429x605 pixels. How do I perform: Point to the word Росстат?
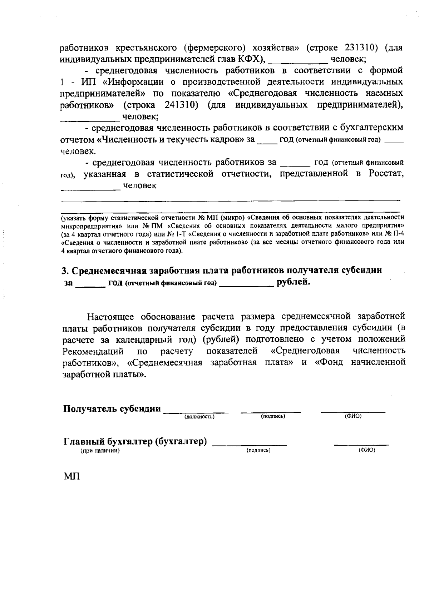[383, 174]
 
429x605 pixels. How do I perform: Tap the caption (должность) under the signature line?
[199, 417]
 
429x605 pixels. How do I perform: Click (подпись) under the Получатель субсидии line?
[273, 417]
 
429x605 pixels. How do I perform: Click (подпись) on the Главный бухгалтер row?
[258, 451]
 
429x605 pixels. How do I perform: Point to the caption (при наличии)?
[99, 451]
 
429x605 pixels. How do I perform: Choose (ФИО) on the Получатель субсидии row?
[353, 417]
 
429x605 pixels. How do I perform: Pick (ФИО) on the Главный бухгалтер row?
[366, 450]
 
